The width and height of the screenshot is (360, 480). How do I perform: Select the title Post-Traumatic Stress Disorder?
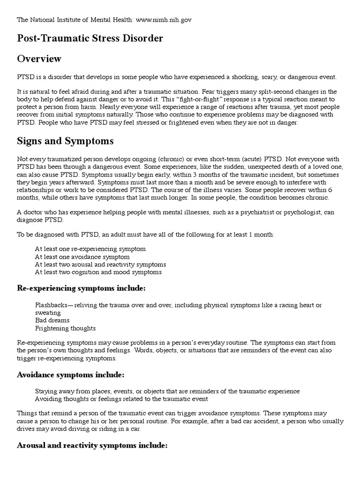90,38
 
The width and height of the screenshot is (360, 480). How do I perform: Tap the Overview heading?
39,59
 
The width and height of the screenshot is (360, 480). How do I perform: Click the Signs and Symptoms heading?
65,141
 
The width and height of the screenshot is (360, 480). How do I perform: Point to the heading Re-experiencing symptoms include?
81,287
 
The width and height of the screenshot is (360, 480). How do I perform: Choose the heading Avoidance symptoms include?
70,375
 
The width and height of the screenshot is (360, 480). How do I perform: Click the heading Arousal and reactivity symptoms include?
92,445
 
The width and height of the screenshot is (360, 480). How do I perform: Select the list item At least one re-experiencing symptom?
90,249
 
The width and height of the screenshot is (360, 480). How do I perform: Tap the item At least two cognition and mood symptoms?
98,272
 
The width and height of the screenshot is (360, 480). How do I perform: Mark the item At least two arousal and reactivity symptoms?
100,264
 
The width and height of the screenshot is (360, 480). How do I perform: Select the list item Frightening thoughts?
65,328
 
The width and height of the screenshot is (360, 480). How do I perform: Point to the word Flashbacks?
51,305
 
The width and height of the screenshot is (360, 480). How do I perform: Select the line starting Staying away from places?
167,391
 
